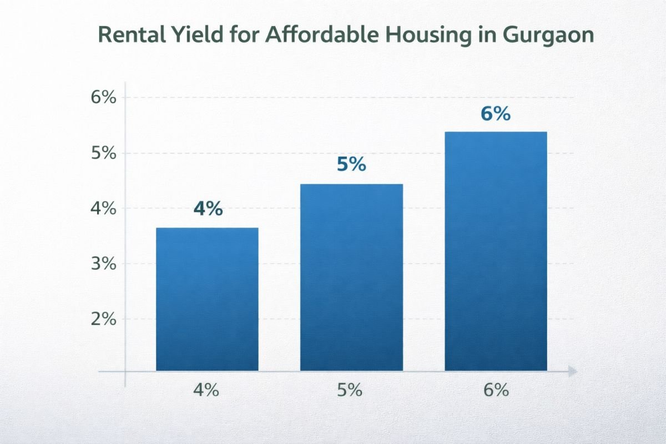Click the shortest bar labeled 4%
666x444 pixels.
coord(207,300)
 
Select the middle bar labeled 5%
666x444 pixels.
coord(351,277)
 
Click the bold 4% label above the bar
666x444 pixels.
coord(208,209)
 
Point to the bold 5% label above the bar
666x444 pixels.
coord(351,164)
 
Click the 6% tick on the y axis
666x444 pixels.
coord(103,98)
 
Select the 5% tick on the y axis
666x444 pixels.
coord(103,153)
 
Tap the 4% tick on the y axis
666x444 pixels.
coord(103,209)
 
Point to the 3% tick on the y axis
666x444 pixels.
coord(103,264)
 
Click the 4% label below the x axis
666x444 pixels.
coord(206,390)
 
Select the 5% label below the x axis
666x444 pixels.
coord(350,390)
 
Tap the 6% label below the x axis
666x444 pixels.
coord(496,390)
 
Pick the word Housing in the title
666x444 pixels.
coord(411,34)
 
